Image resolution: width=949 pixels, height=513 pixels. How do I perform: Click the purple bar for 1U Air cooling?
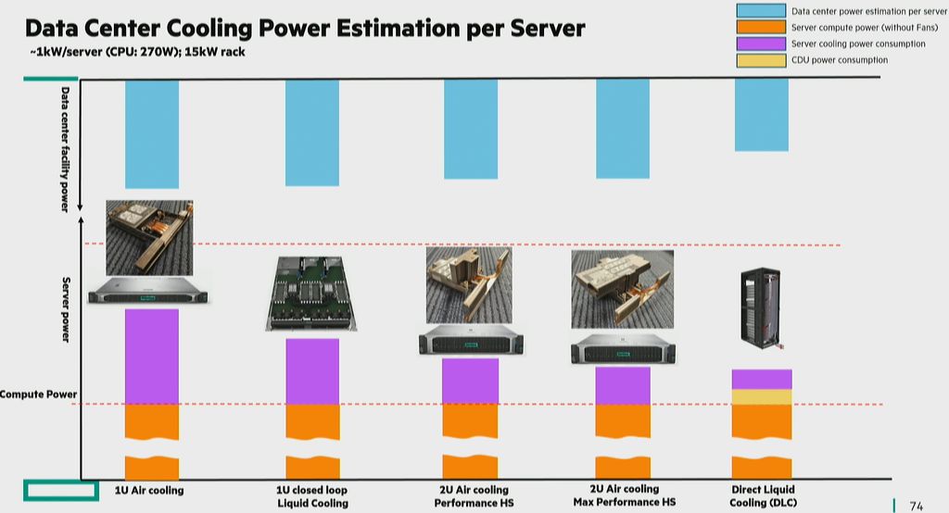(152, 356)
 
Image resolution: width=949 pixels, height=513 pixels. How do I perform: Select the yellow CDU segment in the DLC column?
(762, 396)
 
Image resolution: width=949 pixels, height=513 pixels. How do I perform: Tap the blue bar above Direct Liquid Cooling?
(762, 114)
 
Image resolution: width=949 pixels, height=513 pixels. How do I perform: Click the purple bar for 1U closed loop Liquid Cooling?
(312, 371)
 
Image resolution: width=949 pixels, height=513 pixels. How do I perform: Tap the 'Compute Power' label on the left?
(38, 394)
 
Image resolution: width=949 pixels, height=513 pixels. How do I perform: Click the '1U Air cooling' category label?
(149, 490)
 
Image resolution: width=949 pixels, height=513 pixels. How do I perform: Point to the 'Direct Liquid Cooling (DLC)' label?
(763, 495)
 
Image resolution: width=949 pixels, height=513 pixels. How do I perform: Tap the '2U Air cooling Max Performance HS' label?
(624, 495)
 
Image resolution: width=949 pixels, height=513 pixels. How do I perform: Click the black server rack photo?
(761, 311)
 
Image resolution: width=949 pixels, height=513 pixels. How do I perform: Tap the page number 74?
(916, 506)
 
